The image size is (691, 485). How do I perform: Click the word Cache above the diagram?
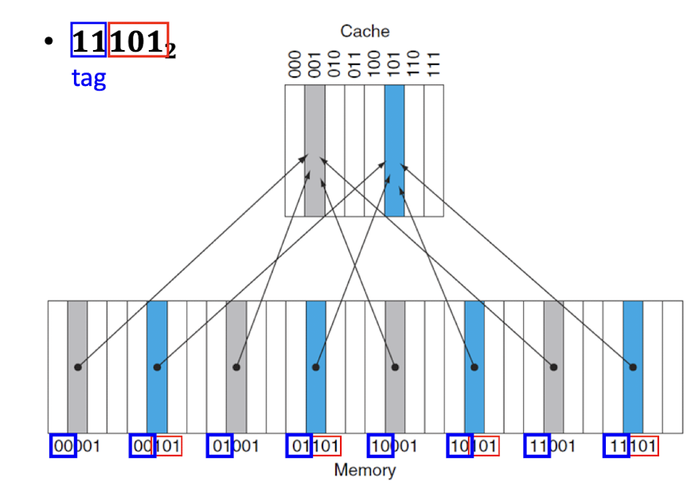pos(365,31)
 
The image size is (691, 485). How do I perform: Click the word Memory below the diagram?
pos(365,470)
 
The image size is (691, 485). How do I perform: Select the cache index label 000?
pos(295,64)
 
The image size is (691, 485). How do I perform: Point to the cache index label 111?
pos(434,64)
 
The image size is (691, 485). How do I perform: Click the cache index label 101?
pos(394,64)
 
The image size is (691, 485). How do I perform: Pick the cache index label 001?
pos(314,64)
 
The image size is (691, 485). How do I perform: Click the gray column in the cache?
pos(314,150)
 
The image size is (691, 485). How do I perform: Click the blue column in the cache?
pos(394,150)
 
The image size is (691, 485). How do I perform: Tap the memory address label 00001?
pos(76,446)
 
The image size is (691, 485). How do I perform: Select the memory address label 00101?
pos(156,446)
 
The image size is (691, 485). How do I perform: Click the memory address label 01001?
pos(234,446)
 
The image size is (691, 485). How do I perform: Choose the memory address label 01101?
pos(314,446)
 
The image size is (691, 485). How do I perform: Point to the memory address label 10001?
pos(393,446)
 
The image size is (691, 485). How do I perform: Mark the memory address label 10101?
pos(473,446)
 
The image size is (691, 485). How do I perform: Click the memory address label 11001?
pos(551,446)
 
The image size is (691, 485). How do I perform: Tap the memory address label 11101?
pos(630,446)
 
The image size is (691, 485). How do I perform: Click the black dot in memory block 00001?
pos(77,367)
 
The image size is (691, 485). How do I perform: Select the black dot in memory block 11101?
pos(634,367)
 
